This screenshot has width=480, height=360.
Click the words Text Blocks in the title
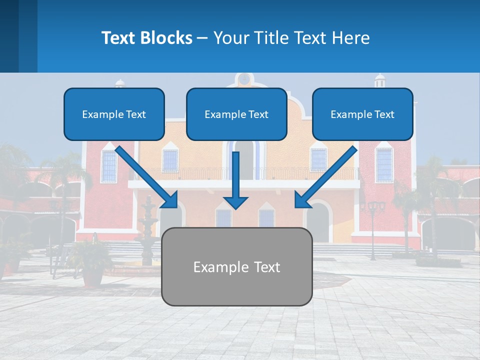146,38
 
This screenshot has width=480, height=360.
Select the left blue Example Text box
114,114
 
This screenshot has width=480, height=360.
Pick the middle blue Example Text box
236,114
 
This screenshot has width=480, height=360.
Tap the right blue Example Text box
362,114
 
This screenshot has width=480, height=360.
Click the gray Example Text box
236,267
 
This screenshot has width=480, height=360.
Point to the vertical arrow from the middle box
235,180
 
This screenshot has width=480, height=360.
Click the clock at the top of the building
244,79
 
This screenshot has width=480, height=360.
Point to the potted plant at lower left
92,265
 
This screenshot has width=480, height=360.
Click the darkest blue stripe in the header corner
9,36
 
